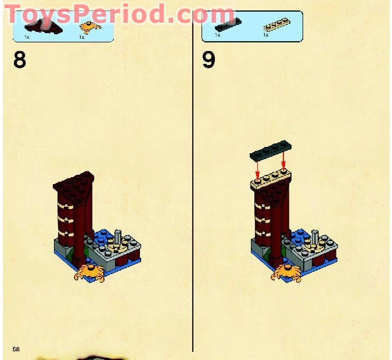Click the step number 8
click(x=20, y=60)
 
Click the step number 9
click(x=208, y=60)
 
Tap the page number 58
click(x=16, y=349)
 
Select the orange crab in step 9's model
click(x=286, y=273)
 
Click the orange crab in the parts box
click(x=90, y=27)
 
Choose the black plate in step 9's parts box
click(x=228, y=24)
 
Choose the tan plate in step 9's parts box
click(x=277, y=24)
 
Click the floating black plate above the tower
click(x=271, y=149)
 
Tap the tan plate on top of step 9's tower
click(x=271, y=179)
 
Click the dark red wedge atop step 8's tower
click(x=74, y=188)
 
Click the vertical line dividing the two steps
click(x=193, y=181)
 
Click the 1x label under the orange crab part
click(x=82, y=37)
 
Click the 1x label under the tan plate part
click(x=266, y=35)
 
